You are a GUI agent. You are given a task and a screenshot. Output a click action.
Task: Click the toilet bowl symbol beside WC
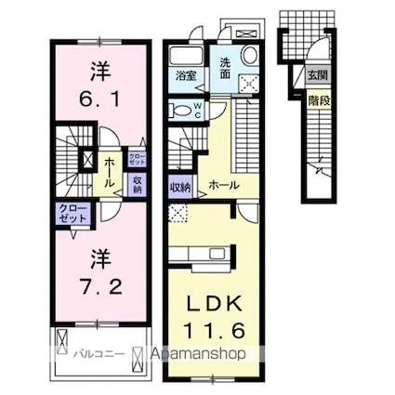coord(181,110)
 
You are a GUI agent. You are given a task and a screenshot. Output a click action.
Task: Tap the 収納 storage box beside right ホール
coord(180,186)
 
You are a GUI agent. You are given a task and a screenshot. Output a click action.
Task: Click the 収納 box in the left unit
coord(136,184)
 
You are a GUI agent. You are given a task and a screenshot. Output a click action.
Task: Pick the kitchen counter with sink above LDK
coord(200,253)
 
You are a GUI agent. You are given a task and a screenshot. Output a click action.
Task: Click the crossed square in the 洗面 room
coord(249,83)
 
